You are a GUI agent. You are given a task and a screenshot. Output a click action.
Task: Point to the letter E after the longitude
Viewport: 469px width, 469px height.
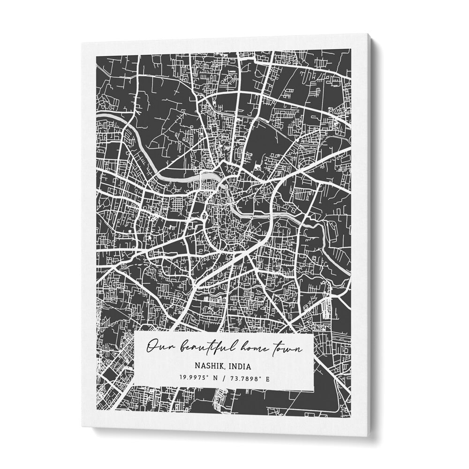coord(268,377)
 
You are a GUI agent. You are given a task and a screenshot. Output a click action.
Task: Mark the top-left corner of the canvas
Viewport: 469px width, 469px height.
coord(81,43)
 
